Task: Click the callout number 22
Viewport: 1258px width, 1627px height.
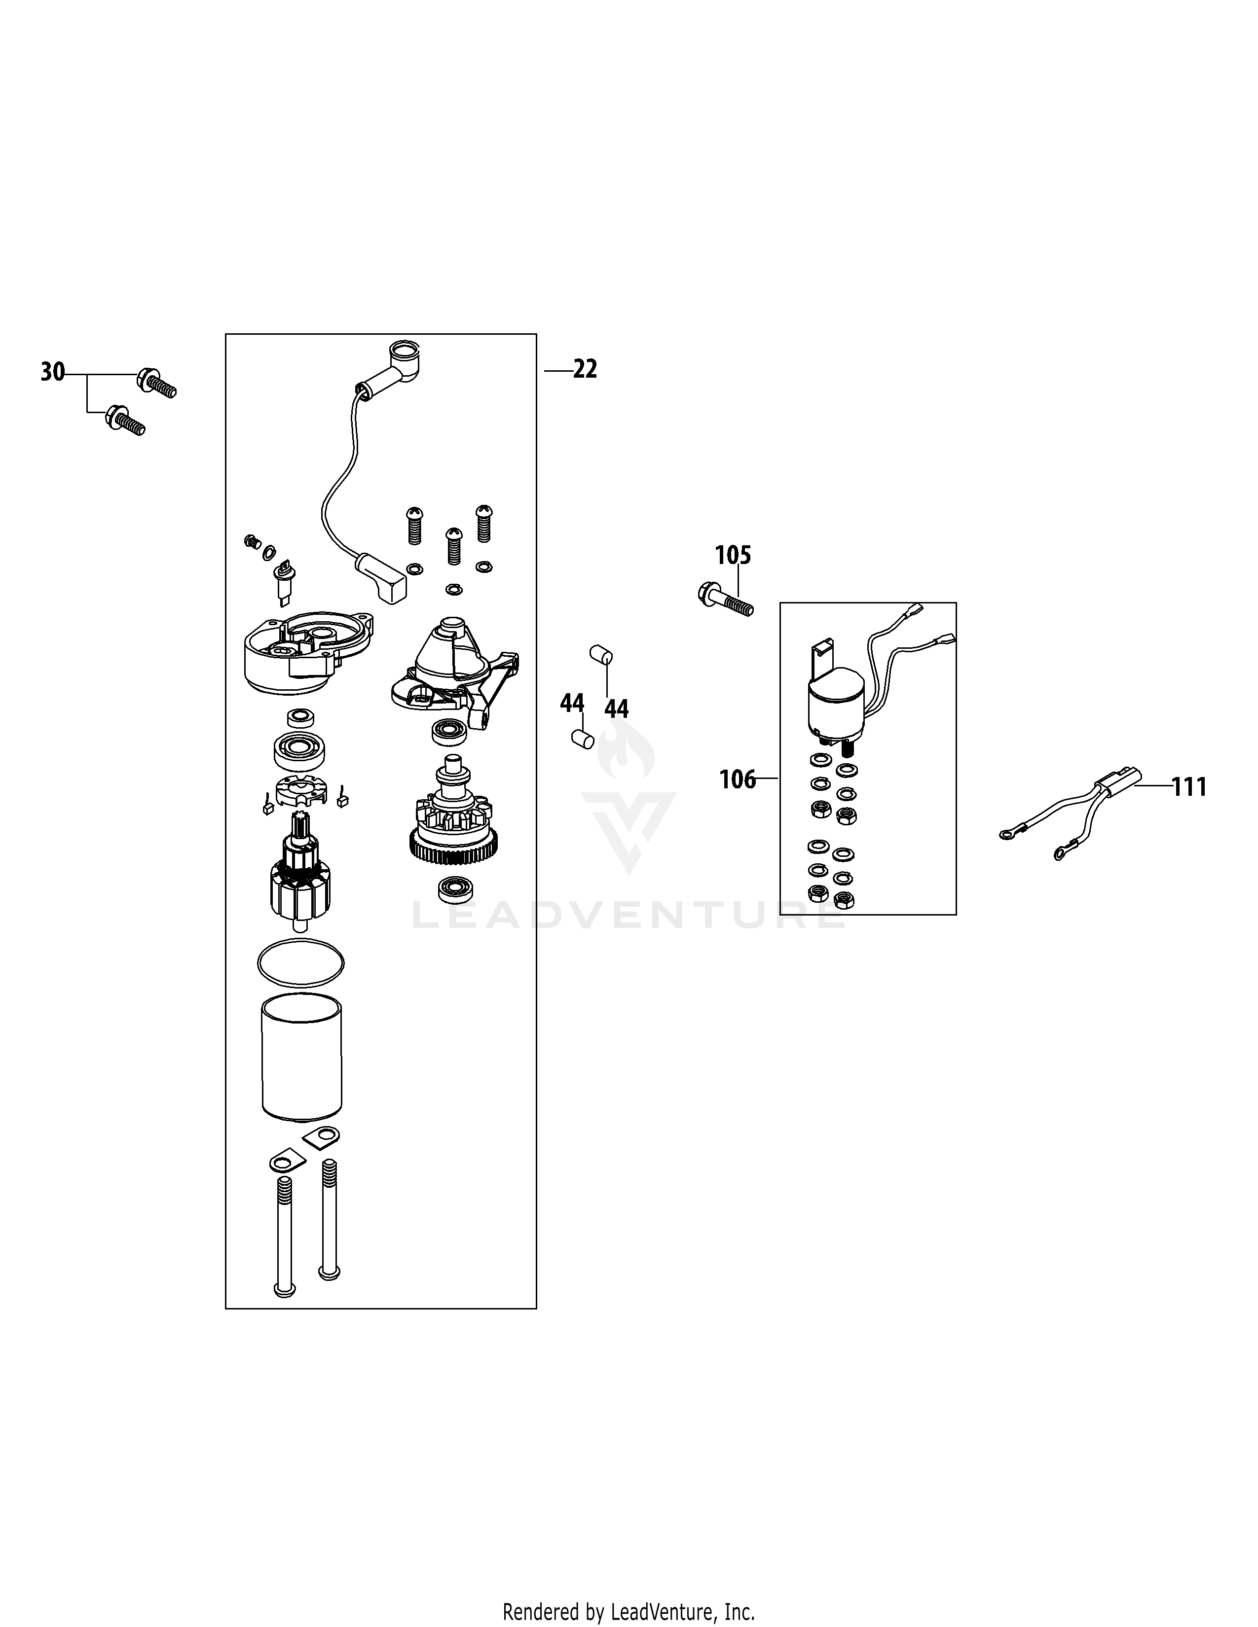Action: tap(585, 369)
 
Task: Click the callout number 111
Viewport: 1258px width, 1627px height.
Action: tap(1189, 787)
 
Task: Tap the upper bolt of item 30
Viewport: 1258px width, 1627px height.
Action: tap(156, 384)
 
